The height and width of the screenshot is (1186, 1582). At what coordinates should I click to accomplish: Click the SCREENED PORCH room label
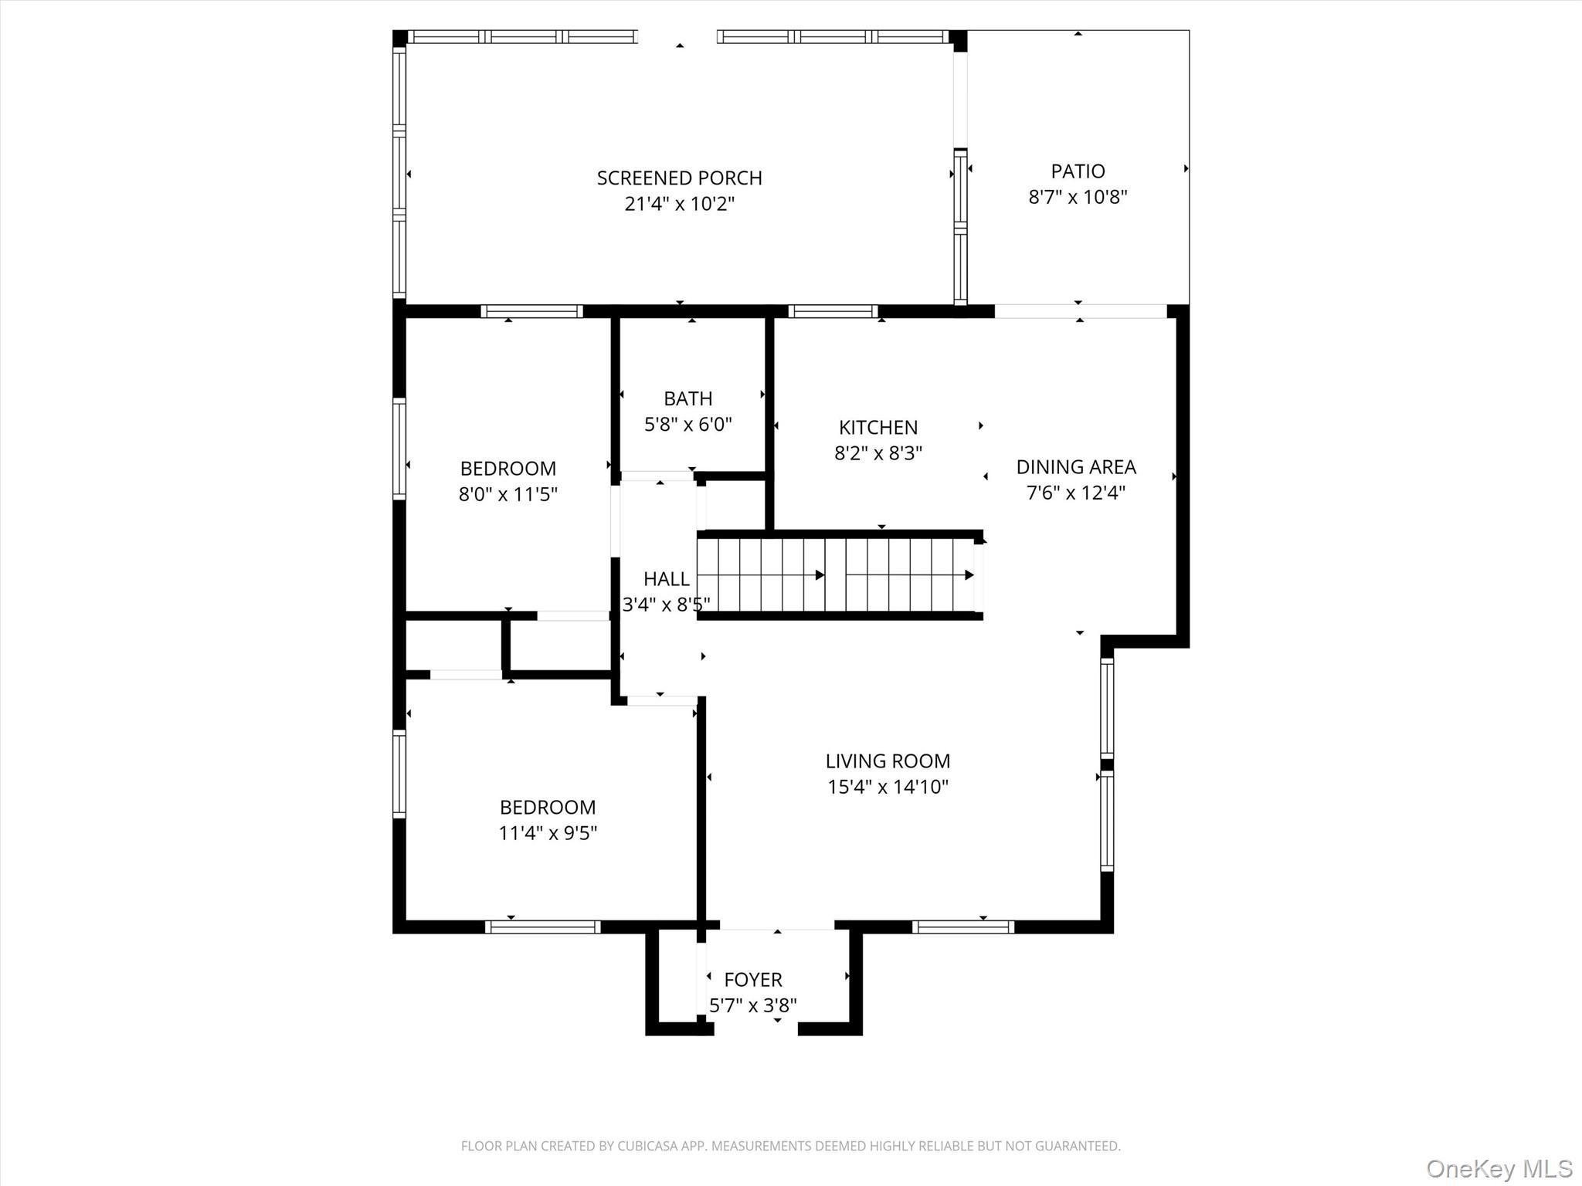[679, 178]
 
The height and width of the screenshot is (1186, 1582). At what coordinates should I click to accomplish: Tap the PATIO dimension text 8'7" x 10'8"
[1078, 197]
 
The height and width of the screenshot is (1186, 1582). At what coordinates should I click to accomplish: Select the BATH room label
[687, 398]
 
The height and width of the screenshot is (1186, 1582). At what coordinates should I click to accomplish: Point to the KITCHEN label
[878, 427]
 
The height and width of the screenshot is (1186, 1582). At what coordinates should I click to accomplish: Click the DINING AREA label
[1075, 466]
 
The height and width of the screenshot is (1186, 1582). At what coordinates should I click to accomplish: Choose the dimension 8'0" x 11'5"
[508, 494]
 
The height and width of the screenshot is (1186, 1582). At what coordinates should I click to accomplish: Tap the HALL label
[666, 578]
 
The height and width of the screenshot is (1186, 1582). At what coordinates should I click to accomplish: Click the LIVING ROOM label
[888, 761]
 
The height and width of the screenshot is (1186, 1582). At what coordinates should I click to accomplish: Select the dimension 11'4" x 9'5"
[548, 833]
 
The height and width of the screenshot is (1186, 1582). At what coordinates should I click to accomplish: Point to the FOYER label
[752, 979]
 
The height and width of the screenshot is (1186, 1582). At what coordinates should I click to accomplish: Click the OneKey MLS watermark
[1499, 1167]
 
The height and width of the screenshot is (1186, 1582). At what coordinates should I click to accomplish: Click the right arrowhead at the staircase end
[969, 575]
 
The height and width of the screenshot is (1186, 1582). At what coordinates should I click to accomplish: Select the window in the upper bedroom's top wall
[531, 311]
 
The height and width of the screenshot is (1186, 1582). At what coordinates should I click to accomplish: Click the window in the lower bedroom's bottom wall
[542, 927]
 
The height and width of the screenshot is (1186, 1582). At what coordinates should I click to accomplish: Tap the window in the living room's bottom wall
[962, 927]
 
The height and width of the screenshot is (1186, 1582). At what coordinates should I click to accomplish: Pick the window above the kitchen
[833, 311]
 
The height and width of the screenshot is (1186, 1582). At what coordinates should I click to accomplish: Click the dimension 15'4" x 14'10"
[888, 787]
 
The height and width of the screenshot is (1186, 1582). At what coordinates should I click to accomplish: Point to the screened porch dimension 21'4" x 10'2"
[679, 204]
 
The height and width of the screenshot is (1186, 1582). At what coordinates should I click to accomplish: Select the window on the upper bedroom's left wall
[399, 448]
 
